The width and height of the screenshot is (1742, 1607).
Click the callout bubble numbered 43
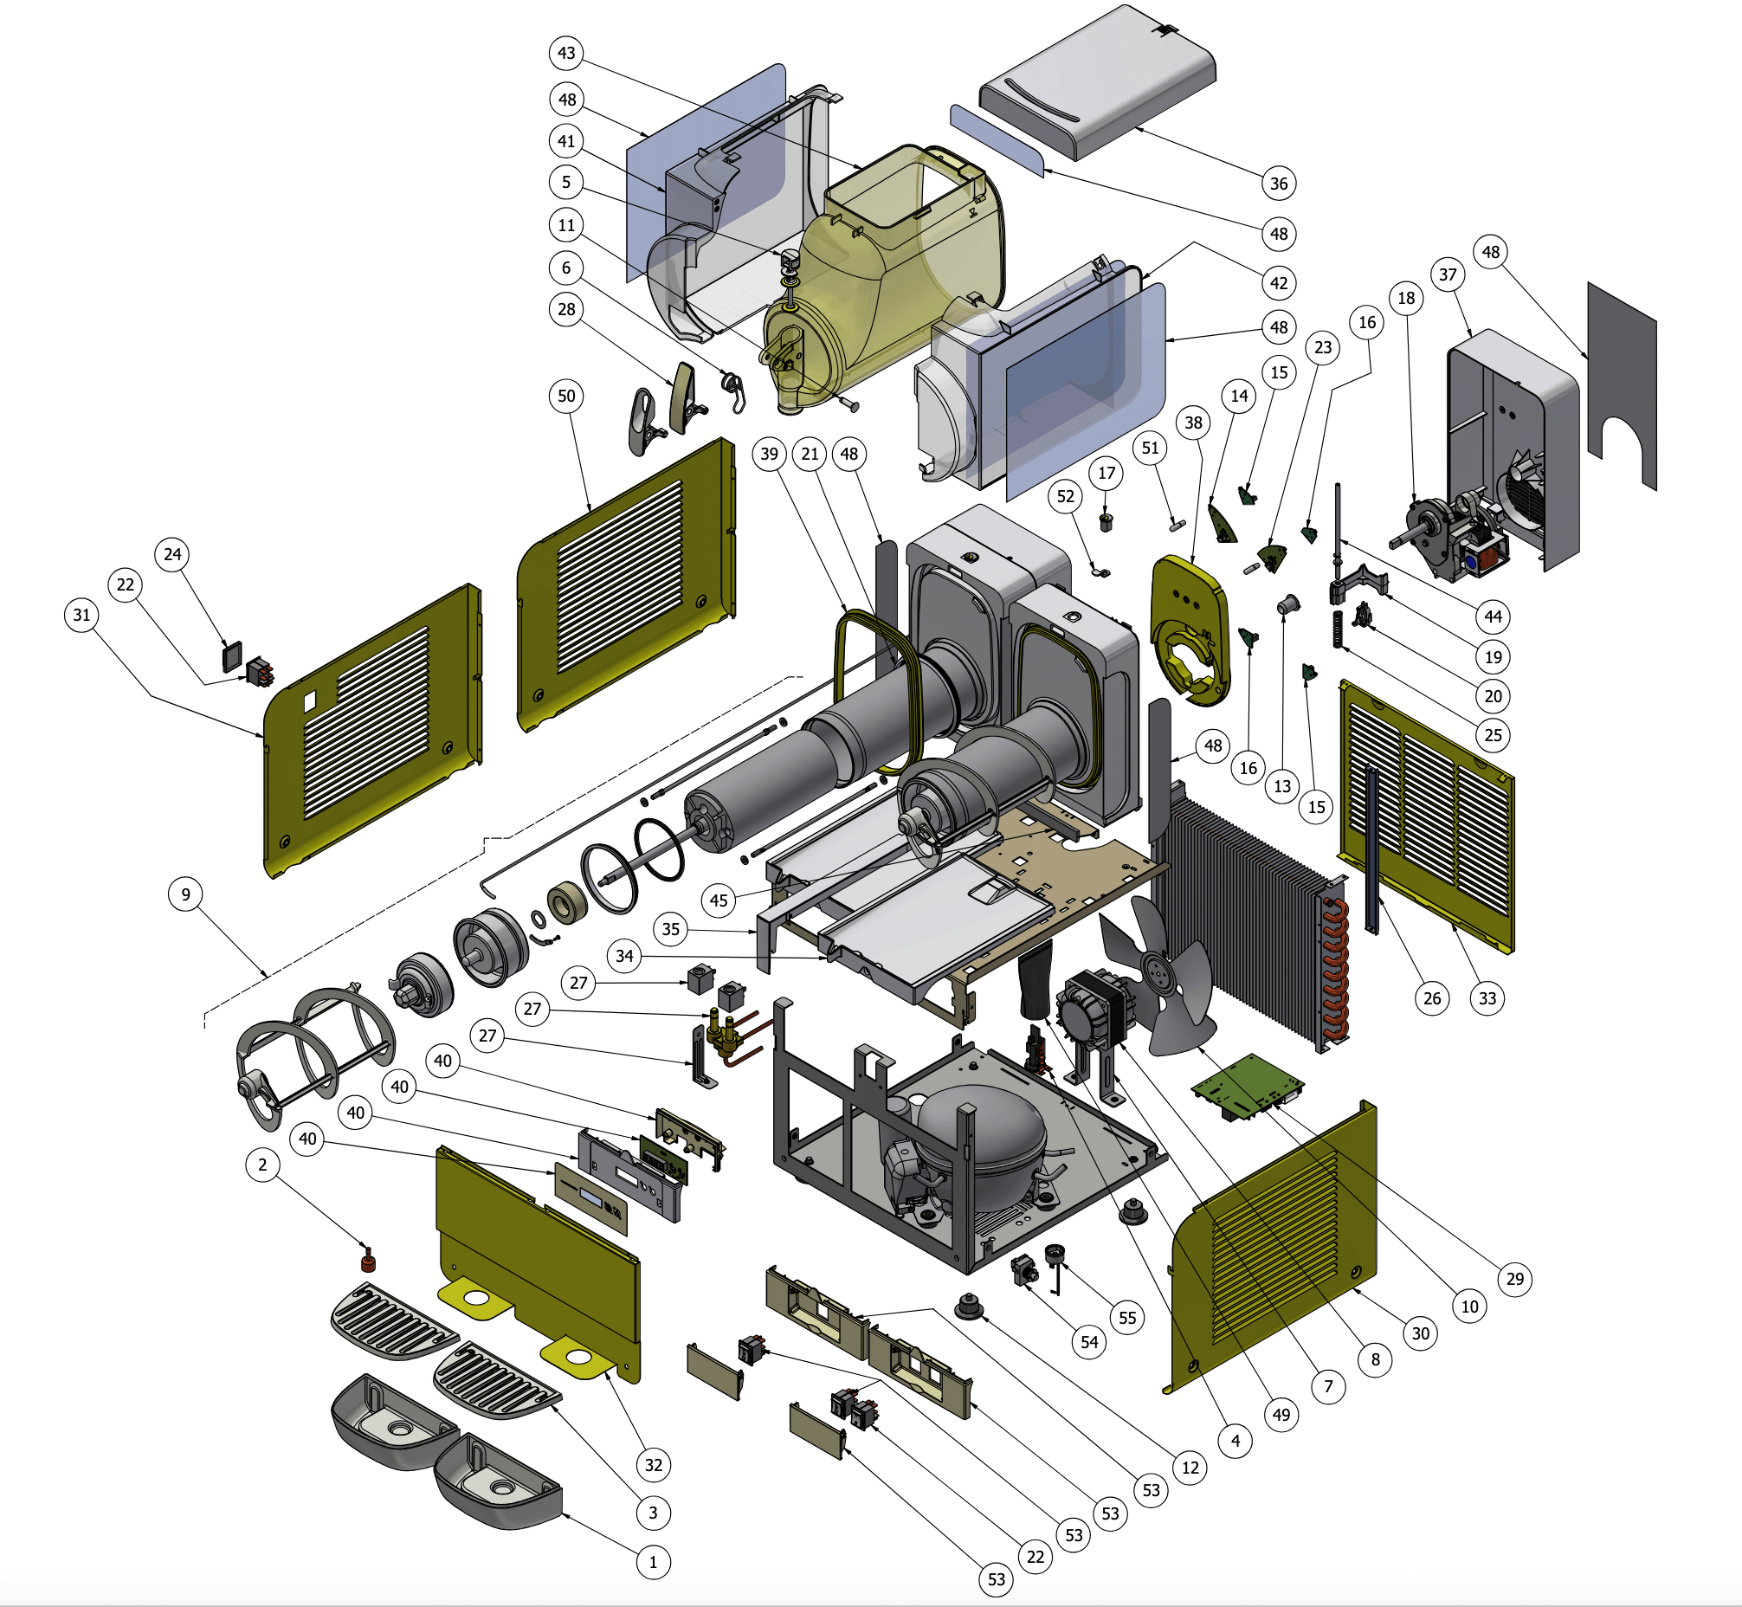click(x=566, y=53)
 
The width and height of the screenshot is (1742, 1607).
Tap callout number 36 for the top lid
click(x=1279, y=184)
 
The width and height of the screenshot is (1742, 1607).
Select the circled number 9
click(x=185, y=894)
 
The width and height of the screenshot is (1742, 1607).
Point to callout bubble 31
click(x=81, y=615)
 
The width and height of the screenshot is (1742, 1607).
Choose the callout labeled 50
click(x=566, y=396)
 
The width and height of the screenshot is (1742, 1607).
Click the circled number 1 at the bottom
click(x=653, y=1562)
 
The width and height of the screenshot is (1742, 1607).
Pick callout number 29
click(x=1515, y=1278)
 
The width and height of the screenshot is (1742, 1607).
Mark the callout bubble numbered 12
click(x=1190, y=1468)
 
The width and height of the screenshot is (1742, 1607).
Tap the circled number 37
click(x=1447, y=274)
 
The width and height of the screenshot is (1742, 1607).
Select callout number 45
click(x=719, y=900)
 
